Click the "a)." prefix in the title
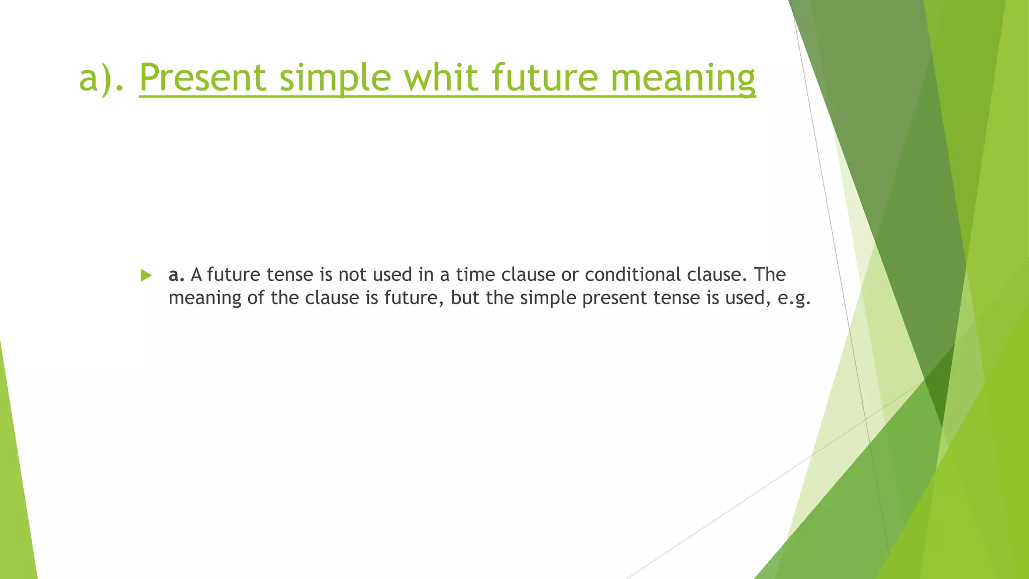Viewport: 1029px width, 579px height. [x=101, y=77]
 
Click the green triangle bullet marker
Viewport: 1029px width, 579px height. [x=146, y=275]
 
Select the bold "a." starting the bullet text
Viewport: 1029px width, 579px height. [x=176, y=274]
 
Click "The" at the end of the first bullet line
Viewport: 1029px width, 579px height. [x=770, y=274]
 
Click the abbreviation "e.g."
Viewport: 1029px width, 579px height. [x=794, y=299]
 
